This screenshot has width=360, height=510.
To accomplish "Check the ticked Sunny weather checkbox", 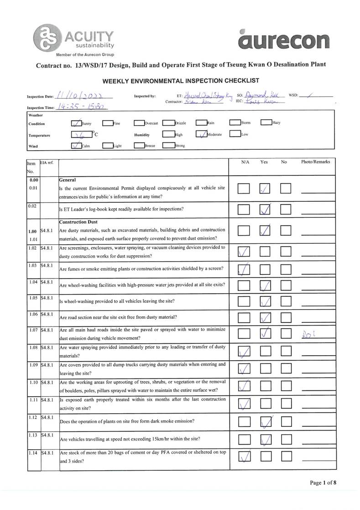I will point(76,122).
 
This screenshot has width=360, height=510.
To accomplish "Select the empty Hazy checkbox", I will point(266,122).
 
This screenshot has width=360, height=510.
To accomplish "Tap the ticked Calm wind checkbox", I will point(76,146).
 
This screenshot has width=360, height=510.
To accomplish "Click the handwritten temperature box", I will point(80,135).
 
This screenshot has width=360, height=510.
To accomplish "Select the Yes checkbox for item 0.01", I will point(265,189).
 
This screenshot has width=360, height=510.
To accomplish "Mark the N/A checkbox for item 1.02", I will point(244,251).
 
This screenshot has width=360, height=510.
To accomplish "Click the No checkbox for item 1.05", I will point(286,301).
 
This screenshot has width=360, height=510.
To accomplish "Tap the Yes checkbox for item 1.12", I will point(265,421).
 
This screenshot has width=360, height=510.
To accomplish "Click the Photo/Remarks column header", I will point(315,162).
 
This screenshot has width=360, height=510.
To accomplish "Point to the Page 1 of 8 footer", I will point(323,483).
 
